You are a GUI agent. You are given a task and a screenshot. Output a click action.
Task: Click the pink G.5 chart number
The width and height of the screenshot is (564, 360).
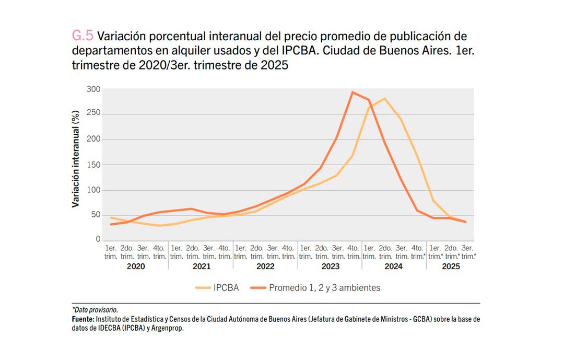tap(83, 37)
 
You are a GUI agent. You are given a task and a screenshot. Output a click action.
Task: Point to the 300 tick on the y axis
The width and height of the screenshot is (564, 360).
tap(93, 89)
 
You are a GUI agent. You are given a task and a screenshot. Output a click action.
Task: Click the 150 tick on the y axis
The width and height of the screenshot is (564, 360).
tap(93, 165)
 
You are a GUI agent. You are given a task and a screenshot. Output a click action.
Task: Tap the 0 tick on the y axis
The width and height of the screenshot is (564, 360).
tap(98, 240)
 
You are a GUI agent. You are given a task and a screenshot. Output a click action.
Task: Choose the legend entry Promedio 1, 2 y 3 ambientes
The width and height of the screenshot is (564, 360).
tap(324, 287)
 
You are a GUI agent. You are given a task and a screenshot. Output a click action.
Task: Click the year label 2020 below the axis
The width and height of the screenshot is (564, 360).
tap(136, 266)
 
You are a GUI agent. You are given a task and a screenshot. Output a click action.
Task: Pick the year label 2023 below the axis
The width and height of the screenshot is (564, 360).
tap(330, 266)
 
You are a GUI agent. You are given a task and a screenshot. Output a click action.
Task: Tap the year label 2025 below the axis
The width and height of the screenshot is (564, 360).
tap(451, 266)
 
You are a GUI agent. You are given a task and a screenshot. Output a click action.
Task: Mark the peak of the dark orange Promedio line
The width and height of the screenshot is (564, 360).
tap(353, 92)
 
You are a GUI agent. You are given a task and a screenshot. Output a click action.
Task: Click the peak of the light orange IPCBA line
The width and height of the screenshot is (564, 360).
tap(385, 98)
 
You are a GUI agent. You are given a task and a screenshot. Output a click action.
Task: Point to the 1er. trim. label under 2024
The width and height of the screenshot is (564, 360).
tap(369, 252)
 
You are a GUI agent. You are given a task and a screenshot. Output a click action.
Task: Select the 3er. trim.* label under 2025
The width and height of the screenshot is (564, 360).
tap(468, 252)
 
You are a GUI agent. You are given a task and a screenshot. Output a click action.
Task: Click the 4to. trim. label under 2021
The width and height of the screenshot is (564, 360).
tap(224, 252)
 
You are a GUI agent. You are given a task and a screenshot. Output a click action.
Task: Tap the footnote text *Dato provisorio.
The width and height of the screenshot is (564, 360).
tap(95, 310)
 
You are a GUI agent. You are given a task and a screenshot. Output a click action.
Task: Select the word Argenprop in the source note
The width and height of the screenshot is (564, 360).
tap(168, 329)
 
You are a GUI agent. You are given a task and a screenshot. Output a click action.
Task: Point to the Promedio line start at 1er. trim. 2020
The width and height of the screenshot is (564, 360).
tap(111, 224)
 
